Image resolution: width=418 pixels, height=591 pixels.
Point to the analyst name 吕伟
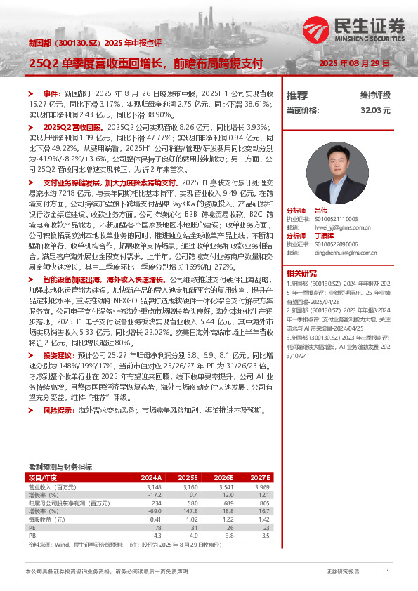pyautogui.click(x=321, y=210)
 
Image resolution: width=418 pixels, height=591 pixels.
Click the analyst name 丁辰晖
pyautogui.click(x=324, y=235)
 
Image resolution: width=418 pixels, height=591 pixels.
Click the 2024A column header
pyautogui.click(x=151, y=477)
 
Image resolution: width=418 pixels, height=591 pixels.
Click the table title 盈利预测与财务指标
pyautogui.click(x=60, y=466)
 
